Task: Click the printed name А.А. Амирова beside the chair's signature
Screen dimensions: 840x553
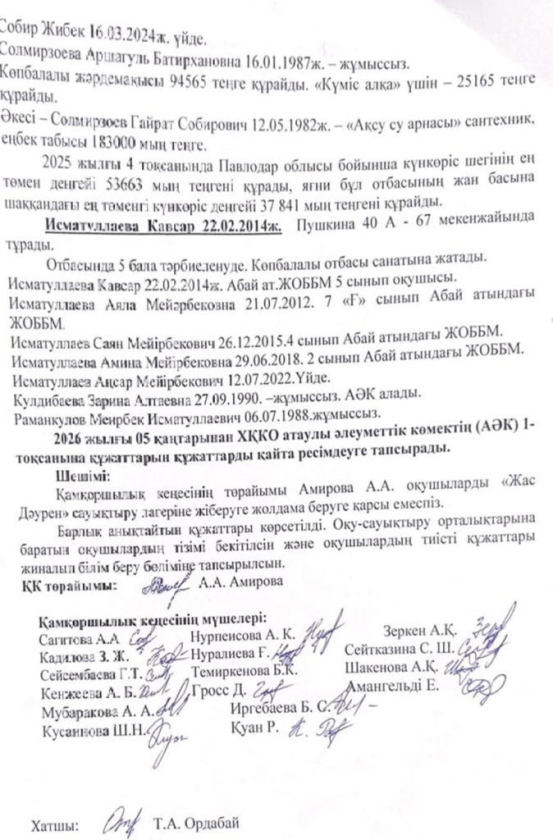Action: click(243, 583)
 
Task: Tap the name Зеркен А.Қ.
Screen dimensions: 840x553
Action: click(419, 631)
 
